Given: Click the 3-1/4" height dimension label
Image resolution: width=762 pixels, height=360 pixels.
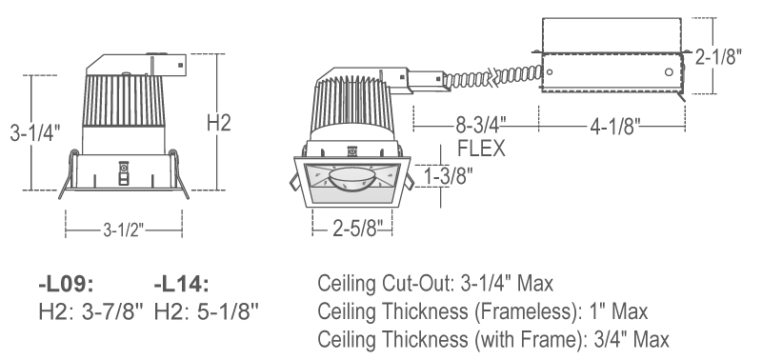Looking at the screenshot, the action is (x=35, y=132).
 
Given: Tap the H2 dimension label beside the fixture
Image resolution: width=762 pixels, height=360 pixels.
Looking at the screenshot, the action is (x=218, y=123).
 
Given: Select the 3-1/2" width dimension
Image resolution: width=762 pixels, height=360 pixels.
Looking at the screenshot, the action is (x=124, y=230).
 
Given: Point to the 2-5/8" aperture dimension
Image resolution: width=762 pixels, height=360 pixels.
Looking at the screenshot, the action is (x=354, y=228).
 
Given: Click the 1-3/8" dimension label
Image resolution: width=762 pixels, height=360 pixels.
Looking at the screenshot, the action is (x=449, y=176).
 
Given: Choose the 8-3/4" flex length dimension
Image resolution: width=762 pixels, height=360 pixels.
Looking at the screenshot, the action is (x=481, y=126).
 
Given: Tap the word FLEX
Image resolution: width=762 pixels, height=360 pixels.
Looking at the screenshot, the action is (x=481, y=149).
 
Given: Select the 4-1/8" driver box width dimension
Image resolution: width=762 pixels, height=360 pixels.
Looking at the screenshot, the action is (x=614, y=127).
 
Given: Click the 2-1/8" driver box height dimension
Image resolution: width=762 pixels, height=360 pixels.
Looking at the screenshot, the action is (x=718, y=56).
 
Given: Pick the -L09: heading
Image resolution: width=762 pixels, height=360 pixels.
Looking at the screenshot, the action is (x=66, y=285).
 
